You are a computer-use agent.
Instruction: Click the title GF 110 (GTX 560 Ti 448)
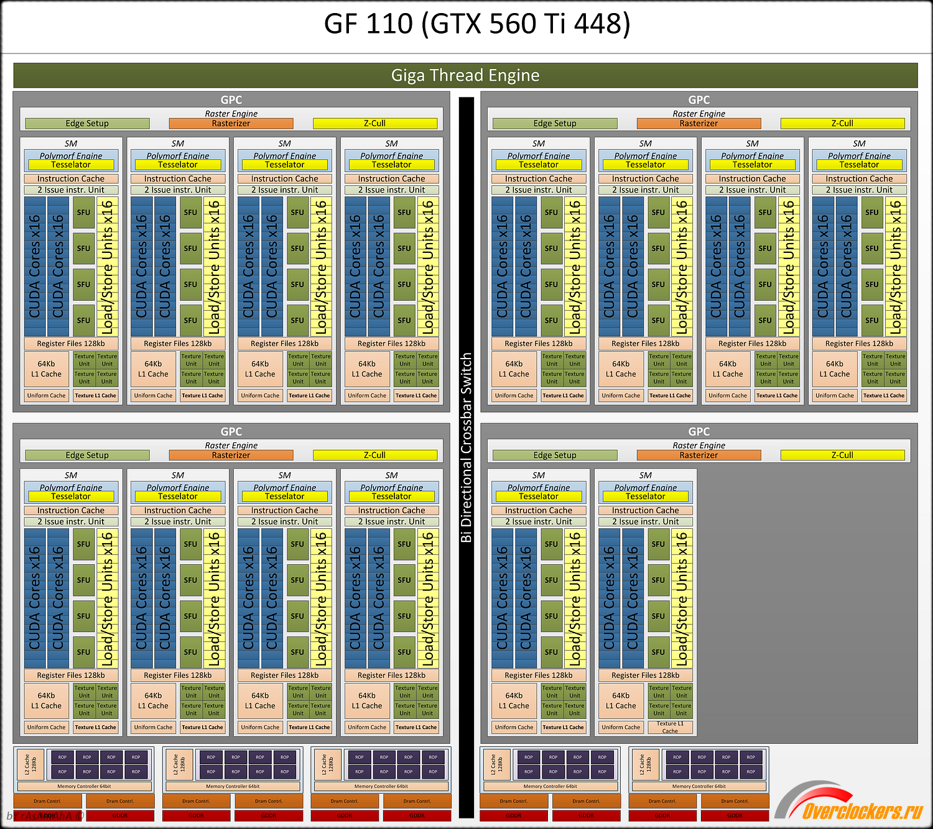477,24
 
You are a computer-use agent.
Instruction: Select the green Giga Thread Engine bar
465,75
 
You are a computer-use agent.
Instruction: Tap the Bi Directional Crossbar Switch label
466,447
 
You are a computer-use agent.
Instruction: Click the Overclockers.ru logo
861,810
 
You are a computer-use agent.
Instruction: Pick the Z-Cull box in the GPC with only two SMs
842,455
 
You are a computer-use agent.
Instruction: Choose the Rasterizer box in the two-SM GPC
699,455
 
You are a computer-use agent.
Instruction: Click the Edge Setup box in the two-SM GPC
555,455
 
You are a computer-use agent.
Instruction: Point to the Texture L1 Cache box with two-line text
670,727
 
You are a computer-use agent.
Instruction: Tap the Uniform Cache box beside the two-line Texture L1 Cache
621,727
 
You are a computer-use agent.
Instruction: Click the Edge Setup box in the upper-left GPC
87,124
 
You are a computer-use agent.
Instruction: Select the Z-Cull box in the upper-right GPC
842,124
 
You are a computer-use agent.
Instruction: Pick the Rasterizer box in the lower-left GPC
231,455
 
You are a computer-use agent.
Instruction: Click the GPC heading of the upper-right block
699,100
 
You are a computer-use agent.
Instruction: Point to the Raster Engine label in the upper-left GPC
231,114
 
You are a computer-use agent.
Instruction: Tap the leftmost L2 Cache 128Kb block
30,764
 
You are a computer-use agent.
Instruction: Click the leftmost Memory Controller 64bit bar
84,786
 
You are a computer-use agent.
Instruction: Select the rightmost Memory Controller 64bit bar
699,786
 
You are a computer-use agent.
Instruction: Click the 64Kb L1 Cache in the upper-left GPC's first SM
47,369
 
